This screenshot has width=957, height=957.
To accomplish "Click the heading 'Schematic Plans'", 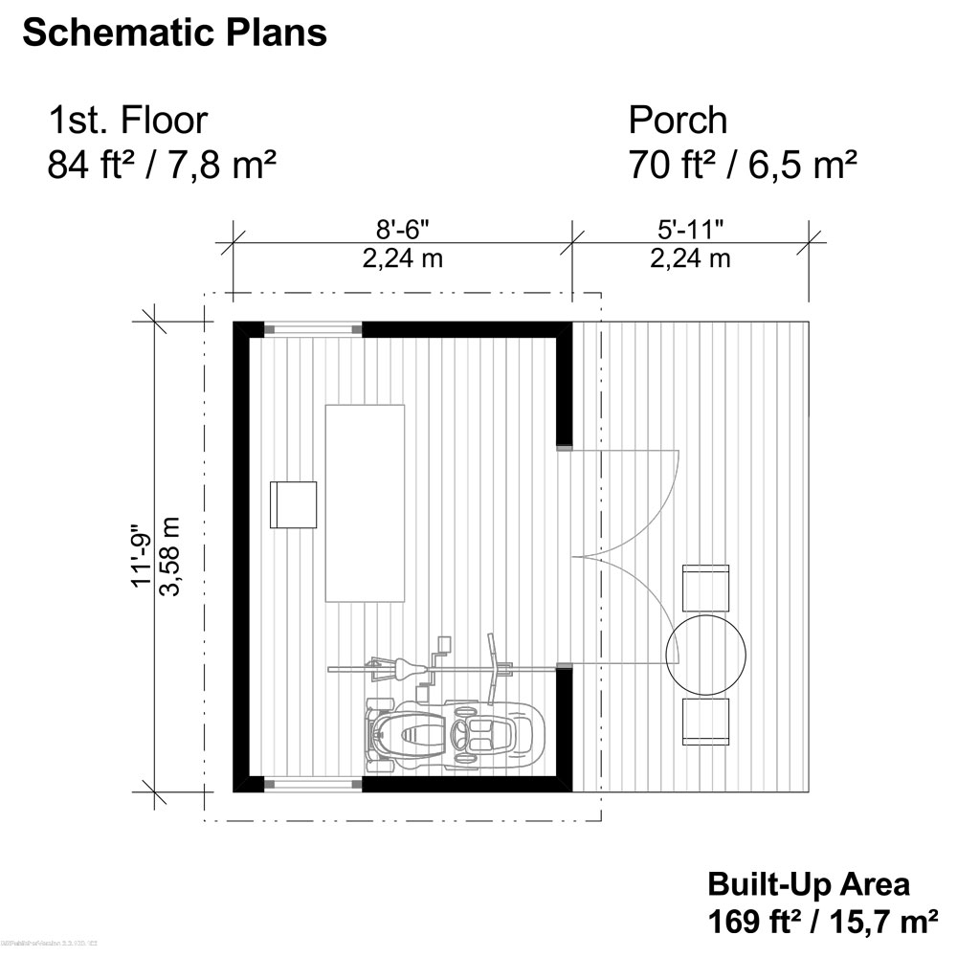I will tap(174, 33).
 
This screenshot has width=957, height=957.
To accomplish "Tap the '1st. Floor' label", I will tap(127, 121).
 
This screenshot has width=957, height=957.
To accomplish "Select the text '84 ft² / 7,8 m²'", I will tap(162, 166).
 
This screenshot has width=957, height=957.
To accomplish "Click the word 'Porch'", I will tap(678, 121).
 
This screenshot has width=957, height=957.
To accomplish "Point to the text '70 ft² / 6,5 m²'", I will tap(742, 166).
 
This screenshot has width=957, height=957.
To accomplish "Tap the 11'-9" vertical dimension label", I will tap(142, 555).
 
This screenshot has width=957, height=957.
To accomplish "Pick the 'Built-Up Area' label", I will tap(809, 882).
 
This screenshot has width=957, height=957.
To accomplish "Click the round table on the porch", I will tap(705, 655).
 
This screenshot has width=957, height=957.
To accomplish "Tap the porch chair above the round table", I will tap(705, 588).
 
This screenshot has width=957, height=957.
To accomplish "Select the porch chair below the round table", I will tap(705, 721).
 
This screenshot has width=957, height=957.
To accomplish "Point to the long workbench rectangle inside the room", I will tap(365, 502).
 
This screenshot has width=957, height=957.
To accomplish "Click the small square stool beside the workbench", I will tap(293, 503).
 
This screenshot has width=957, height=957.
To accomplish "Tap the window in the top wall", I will tap(313, 329).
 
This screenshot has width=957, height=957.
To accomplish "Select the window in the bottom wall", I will tap(313, 784).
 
